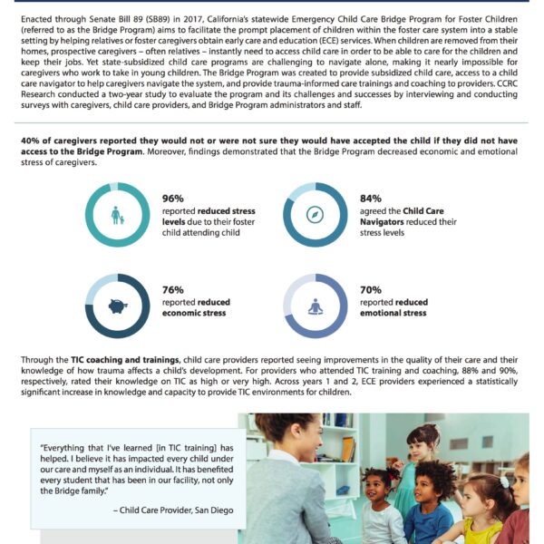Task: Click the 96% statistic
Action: point(173,198)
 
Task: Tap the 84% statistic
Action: point(371,198)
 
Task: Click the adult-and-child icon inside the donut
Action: point(117,216)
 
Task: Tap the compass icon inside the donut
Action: point(315,216)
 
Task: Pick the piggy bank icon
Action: point(117,306)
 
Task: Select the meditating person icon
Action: point(315,306)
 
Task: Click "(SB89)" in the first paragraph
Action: point(160,19)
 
